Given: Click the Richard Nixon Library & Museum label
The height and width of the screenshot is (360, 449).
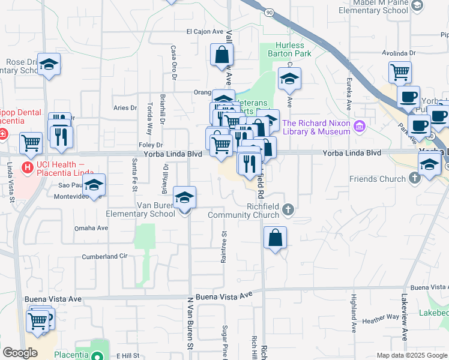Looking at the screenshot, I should (x=316, y=127).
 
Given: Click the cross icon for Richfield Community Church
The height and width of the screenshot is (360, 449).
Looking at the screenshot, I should (x=288, y=209).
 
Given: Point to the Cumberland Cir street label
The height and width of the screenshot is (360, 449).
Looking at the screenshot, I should (x=106, y=256).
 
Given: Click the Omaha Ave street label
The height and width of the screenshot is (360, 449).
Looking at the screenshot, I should (x=91, y=228).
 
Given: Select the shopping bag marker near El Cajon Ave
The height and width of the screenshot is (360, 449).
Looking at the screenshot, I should (x=222, y=55).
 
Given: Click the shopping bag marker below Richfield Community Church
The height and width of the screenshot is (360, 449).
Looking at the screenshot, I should (x=275, y=238).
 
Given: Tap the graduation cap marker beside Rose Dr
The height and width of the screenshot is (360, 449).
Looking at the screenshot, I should (x=49, y=65).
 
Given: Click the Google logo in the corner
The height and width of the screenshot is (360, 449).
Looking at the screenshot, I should (x=20, y=353).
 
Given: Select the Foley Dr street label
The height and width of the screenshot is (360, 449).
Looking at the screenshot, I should (x=151, y=145).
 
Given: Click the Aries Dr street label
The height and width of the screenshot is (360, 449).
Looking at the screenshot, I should (x=125, y=108).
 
